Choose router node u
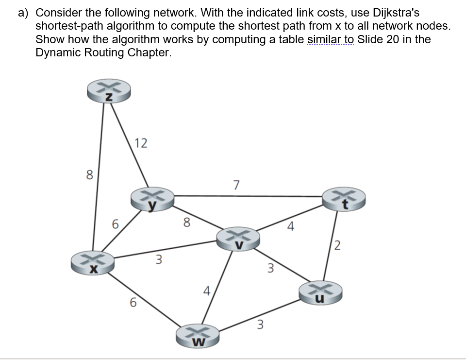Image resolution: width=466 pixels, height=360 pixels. (x=321, y=292)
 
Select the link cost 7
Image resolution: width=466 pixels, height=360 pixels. (x=236, y=185)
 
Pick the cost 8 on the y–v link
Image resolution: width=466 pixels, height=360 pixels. (x=186, y=223)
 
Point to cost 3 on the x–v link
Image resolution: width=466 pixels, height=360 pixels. (x=158, y=260)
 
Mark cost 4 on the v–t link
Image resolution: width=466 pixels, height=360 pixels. (x=290, y=226)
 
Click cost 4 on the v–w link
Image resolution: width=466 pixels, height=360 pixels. (x=206, y=292)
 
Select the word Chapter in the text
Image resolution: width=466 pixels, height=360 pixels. (x=150, y=52)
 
